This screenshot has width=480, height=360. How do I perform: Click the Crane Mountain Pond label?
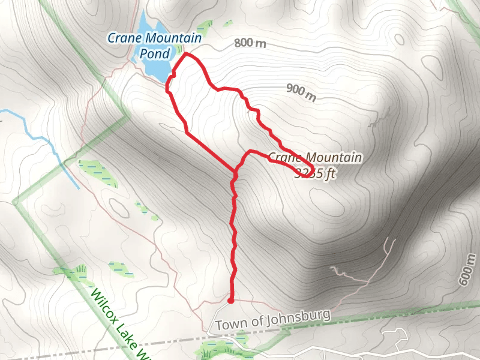coord(154,45)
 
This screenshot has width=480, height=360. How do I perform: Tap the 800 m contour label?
coord(250,43)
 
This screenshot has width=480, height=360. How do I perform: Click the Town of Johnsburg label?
coord(273,319)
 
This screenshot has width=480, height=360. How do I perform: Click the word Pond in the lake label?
coord(154,53)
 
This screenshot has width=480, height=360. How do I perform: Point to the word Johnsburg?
coord(299,317)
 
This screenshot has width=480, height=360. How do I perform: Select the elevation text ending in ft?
coord(314,173)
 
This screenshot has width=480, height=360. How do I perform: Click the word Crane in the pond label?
coord(121,38)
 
